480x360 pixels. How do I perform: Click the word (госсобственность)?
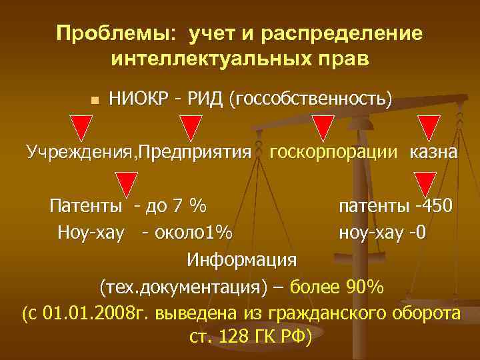click(x=310, y=100)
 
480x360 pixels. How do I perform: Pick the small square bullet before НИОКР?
click(x=95, y=101)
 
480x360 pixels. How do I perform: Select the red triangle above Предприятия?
click(x=191, y=127)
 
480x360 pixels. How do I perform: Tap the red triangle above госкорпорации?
click(x=323, y=127)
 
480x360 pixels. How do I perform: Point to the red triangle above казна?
click(x=427, y=127)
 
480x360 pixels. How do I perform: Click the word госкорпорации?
click(x=333, y=151)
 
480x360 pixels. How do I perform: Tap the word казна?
click(x=433, y=151)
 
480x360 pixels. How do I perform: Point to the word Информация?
click(x=242, y=258)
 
